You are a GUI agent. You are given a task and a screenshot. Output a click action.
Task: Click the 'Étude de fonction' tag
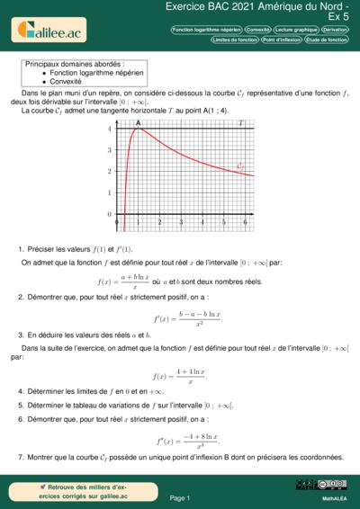click(326, 40)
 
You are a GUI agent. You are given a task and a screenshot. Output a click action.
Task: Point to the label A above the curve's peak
click(138, 122)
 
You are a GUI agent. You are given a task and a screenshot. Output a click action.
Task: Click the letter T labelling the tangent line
click(239, 122)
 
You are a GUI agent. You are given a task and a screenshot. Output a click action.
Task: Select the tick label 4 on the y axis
click(110, 129)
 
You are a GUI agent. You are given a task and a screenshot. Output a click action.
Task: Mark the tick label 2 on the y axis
click(110, 171)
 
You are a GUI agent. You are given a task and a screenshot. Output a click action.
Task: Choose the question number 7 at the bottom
click(21, 458)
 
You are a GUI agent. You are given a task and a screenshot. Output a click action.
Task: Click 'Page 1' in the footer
click(179, 497)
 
